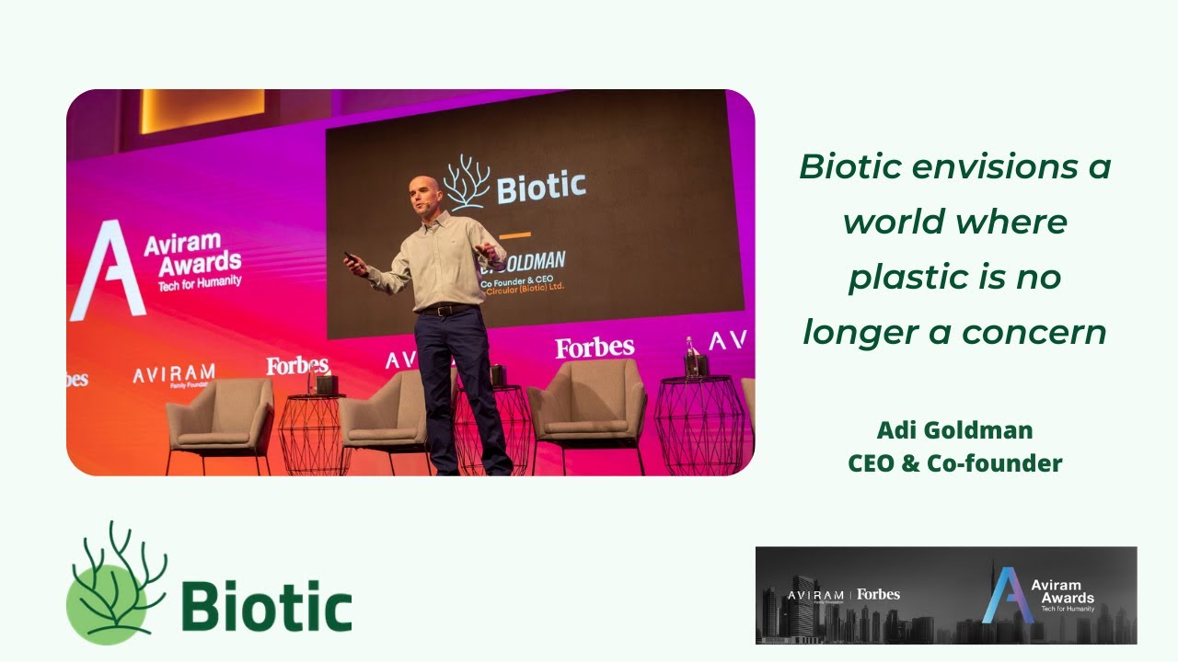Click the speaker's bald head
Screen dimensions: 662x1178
coord(424,191)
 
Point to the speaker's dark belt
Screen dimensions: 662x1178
coord(445,310)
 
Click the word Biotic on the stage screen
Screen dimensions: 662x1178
coord(541,187)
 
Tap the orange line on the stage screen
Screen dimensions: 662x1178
coord(514,235)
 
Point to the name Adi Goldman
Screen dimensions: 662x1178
coord(954,429)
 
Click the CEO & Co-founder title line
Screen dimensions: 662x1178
coord(954,462)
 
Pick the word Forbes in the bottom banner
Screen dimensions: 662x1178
coord(878,594)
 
